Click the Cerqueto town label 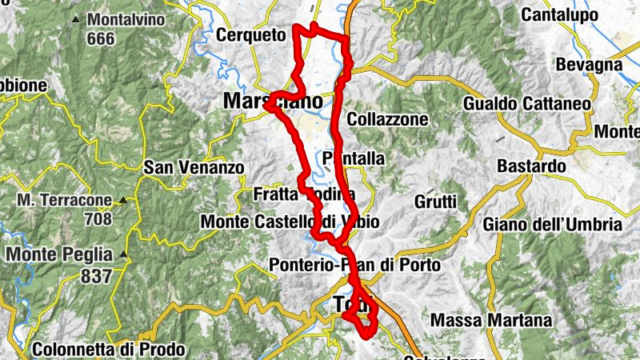pos(250,35)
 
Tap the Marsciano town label pos(273,102)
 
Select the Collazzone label pos(388,119)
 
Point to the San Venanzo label pos(193,168)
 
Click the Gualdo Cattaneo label pos(527,104)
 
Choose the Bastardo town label pos(531,166)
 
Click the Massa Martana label pos(491,321)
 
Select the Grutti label pos(436,201)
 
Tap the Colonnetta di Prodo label pos(109,350)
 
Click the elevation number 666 pos(105,38)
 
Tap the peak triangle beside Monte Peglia pos(124,254)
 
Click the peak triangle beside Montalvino pos(75,18)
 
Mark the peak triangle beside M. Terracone pos(123,200)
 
